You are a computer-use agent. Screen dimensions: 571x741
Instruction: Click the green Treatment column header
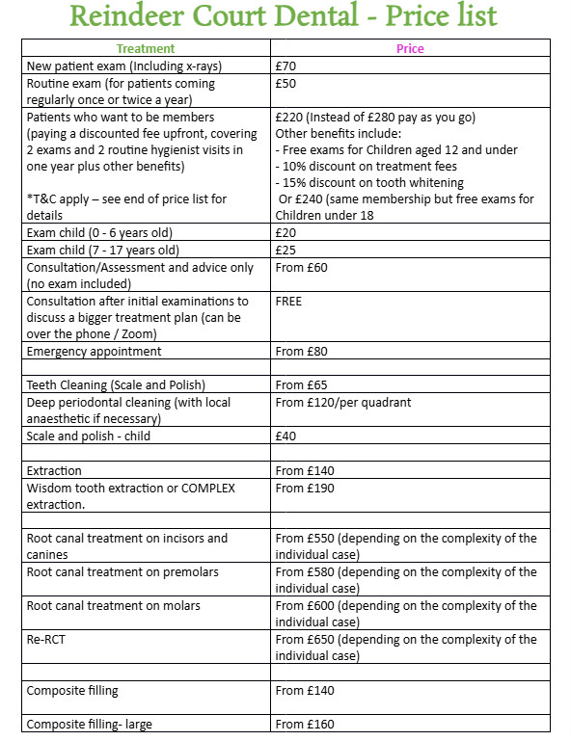146,48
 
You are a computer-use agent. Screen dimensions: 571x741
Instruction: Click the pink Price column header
410,48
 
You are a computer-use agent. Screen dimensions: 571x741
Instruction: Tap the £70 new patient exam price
286,66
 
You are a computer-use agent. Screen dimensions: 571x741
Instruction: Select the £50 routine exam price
286,84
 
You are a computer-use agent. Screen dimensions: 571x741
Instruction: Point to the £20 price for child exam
286,232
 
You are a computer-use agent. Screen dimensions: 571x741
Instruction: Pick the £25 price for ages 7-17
286,250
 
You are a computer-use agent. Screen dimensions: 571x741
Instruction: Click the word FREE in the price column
288,302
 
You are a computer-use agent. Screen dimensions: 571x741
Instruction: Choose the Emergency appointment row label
94,352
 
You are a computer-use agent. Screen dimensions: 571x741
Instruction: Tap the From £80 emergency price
302,352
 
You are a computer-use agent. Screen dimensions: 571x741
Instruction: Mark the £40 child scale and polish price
286,437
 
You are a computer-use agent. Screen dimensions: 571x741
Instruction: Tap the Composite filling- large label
89,725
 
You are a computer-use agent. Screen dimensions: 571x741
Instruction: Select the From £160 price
306,725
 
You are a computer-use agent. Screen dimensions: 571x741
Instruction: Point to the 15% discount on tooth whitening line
369,182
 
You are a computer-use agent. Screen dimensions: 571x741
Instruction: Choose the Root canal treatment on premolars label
122,572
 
